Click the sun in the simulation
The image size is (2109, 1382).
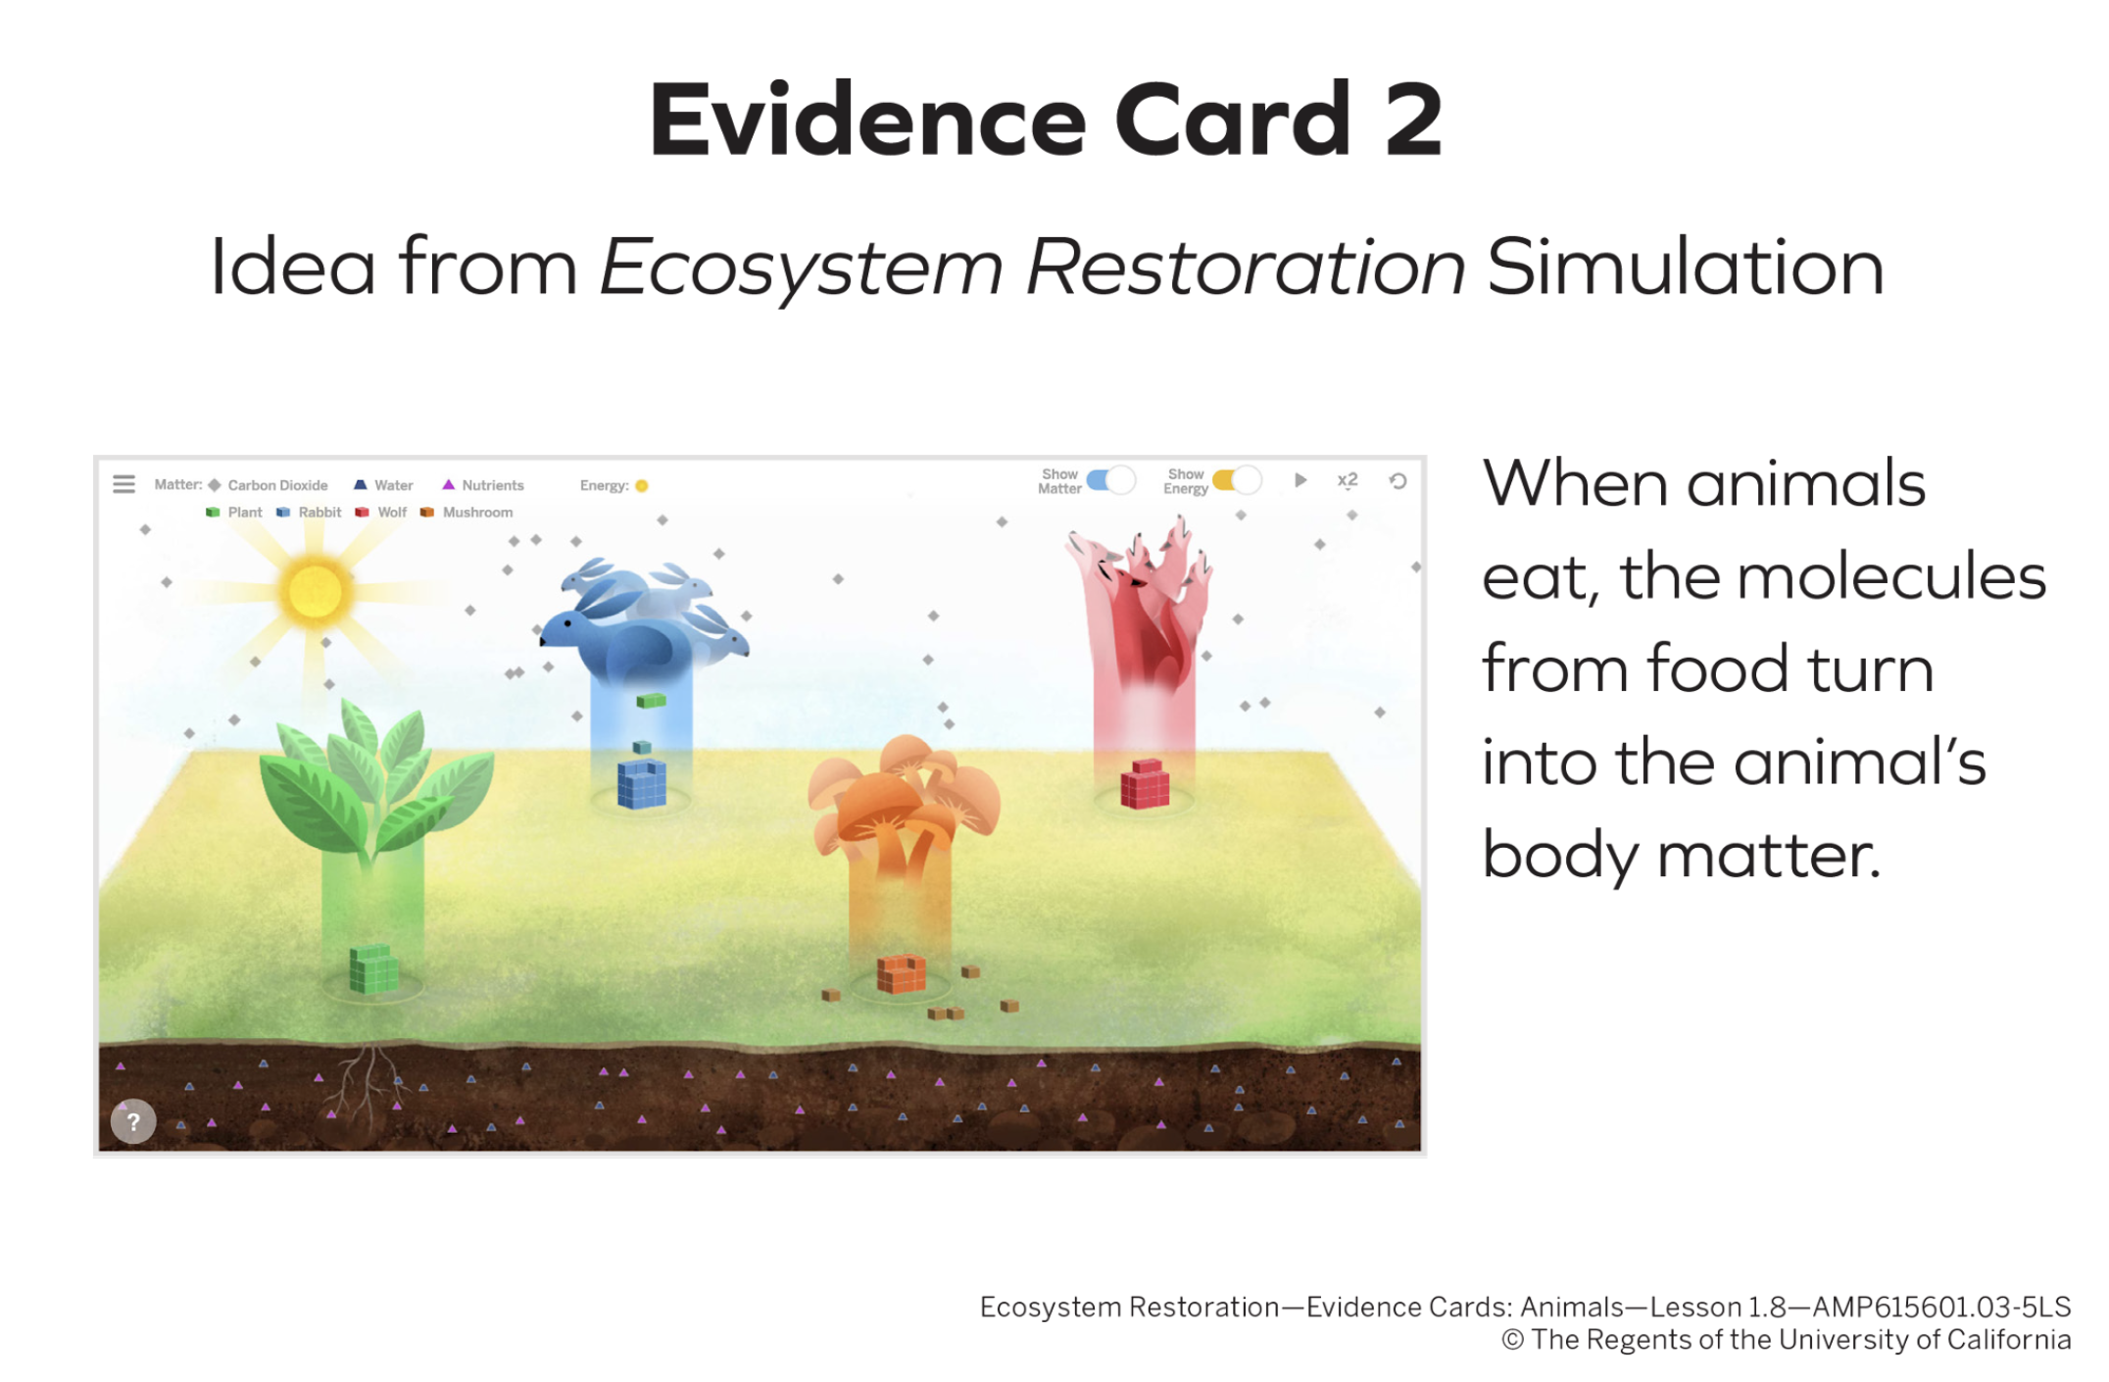coord(315,591)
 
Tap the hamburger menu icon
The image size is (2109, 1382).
coord(123,484)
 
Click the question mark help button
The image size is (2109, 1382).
coord(133,1122)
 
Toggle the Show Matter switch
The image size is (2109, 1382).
coord(1110,480)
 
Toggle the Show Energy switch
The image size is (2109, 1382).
coord(1237,480)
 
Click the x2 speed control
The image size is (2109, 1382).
coord(1348,480)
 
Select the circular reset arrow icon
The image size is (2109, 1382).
coord(1398,481)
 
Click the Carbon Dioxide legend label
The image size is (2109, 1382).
coord(277,485)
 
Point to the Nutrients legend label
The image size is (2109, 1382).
coord(493,485)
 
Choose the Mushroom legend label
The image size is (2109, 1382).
coord(477,512)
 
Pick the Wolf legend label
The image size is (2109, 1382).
coord(392,512)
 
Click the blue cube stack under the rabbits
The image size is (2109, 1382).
coord(642,783)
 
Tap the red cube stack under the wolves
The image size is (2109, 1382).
coord(1145,784)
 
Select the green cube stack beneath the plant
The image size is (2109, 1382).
coord(373,968)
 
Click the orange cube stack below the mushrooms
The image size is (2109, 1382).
coord(902,973)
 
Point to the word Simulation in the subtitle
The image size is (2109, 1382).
coord(1686,267)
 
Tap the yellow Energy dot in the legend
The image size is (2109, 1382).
coord(642,485)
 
